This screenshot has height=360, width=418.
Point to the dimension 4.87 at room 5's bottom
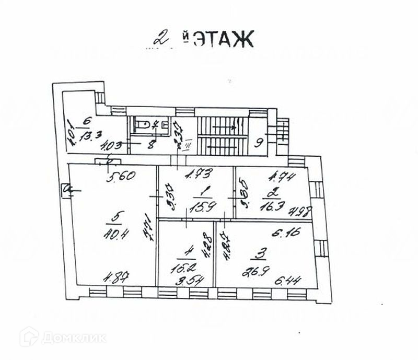coord(119,276)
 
